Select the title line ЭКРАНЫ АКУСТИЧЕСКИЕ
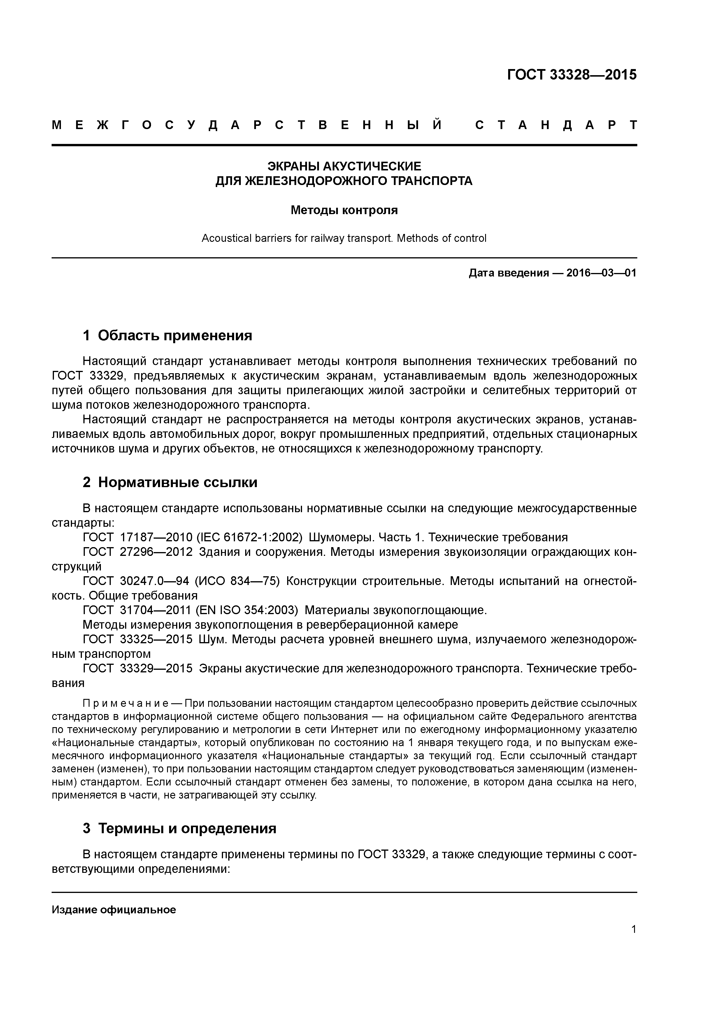(x=344, y=166)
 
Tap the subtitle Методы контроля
(x=344, y=210)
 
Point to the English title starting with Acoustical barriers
(x=344, y=238)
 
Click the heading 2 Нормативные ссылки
(x=170, y=482)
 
